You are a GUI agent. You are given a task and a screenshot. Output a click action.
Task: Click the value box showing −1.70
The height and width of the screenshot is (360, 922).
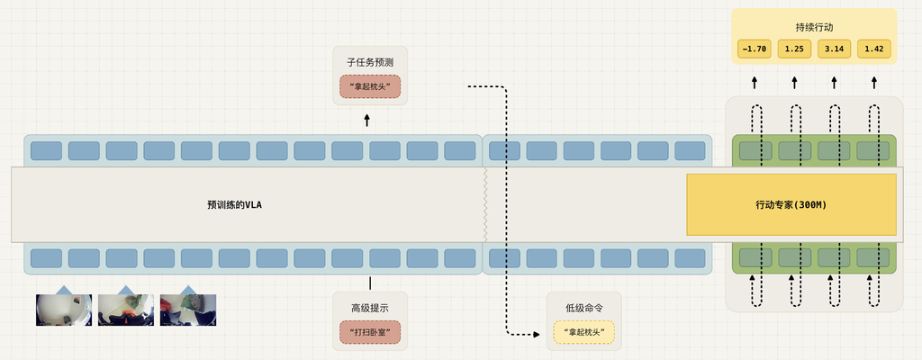[754, 49]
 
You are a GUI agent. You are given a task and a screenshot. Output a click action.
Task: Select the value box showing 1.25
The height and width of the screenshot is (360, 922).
[794, 49]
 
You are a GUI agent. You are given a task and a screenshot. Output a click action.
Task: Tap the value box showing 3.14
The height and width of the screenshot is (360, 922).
[834, 49]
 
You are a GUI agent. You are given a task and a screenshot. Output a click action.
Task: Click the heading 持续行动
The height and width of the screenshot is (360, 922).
[814, 27]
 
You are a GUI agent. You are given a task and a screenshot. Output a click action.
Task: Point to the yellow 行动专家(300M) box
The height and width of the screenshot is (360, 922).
[791, 205]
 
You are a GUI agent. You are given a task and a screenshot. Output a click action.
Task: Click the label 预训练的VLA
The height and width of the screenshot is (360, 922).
[234, 205]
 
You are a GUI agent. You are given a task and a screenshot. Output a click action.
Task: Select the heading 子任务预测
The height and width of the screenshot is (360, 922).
[369, 63]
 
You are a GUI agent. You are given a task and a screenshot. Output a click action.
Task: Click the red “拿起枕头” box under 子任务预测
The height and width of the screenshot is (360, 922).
[369, 87]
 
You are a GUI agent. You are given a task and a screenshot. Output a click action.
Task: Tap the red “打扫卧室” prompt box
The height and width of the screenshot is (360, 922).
[369, 333]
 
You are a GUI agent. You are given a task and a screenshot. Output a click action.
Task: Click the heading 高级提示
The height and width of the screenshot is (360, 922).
[369, 309]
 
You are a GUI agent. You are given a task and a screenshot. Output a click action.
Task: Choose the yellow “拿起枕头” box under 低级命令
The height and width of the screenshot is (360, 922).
[583, 333]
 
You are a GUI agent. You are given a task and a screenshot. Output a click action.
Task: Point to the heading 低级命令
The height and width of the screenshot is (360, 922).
[583, 309]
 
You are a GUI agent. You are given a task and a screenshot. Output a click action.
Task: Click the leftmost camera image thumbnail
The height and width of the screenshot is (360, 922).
[63, 309]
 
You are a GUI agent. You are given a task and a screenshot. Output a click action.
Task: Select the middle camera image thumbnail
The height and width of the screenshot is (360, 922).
[125, 309]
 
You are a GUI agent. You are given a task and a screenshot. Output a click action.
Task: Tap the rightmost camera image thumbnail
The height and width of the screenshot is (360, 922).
[187, 309]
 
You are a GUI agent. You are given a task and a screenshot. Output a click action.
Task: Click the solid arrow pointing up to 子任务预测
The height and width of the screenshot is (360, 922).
[367, 120]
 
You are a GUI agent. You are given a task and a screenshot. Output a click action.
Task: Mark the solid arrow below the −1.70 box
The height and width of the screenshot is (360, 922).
[755, 83]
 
